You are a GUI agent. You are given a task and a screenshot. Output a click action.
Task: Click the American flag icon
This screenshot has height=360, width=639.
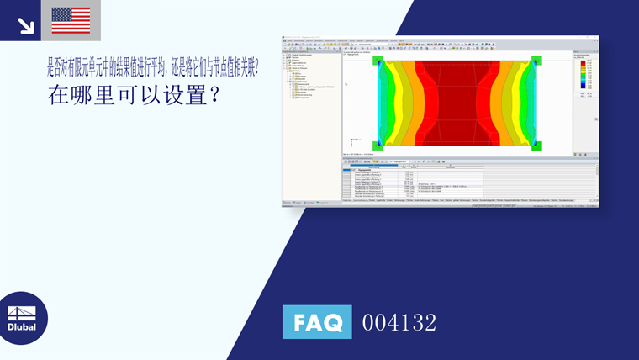(x=71, y=20)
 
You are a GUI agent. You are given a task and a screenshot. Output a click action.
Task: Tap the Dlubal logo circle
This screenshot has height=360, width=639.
(x=22, y=318)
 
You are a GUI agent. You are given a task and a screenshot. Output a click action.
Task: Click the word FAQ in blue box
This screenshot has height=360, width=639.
(x=317, y=322)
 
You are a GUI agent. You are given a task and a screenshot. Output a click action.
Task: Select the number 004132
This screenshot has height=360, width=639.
(x=399, y=322)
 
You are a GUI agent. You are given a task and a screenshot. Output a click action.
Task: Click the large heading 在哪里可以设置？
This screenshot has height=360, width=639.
(x=135, y=95)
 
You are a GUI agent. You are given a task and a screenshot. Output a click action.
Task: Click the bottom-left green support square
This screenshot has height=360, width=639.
(x=378, y=146)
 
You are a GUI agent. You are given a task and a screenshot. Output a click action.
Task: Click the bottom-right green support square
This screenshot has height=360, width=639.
(x=536, y=146)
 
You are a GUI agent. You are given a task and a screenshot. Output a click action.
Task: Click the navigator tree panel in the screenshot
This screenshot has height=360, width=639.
(x=311, y=118)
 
